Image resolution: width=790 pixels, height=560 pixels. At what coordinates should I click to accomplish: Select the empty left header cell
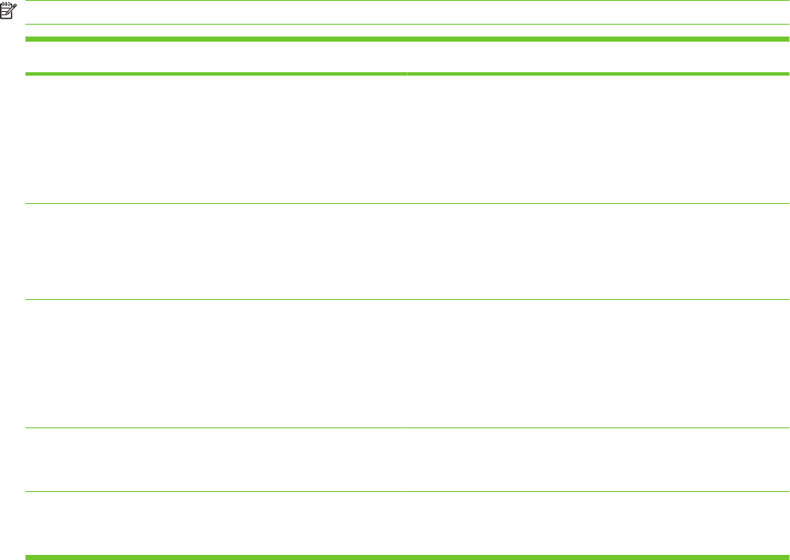[x=216, y=57]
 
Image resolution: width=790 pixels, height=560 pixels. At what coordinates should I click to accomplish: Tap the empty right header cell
[x=598, y=57]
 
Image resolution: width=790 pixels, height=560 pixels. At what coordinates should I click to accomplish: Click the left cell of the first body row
[x=216, y=139]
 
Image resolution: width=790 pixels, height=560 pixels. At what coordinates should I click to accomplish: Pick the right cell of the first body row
[x=598, y=139]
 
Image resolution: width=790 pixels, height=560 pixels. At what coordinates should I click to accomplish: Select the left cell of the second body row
[x=216, y=252]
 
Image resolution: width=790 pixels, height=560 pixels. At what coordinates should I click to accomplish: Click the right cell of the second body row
[x=598, y=252]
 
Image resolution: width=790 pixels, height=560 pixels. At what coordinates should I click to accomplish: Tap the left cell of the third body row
[x=216, y=364]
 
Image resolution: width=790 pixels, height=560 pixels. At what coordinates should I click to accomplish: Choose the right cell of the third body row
[x=598, y=364]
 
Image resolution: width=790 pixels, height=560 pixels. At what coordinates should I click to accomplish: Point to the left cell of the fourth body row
[x=216, y=460]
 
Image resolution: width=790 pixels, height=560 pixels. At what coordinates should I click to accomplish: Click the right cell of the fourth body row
[x=598, y=460]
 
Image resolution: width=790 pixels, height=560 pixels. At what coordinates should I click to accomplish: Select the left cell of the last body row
[x=216, y=523]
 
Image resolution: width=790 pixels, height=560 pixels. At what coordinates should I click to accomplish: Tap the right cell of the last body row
[x=598, y=523]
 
